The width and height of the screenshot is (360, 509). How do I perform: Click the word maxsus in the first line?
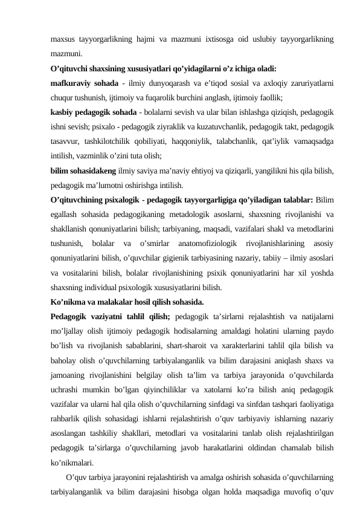pos(63,40)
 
